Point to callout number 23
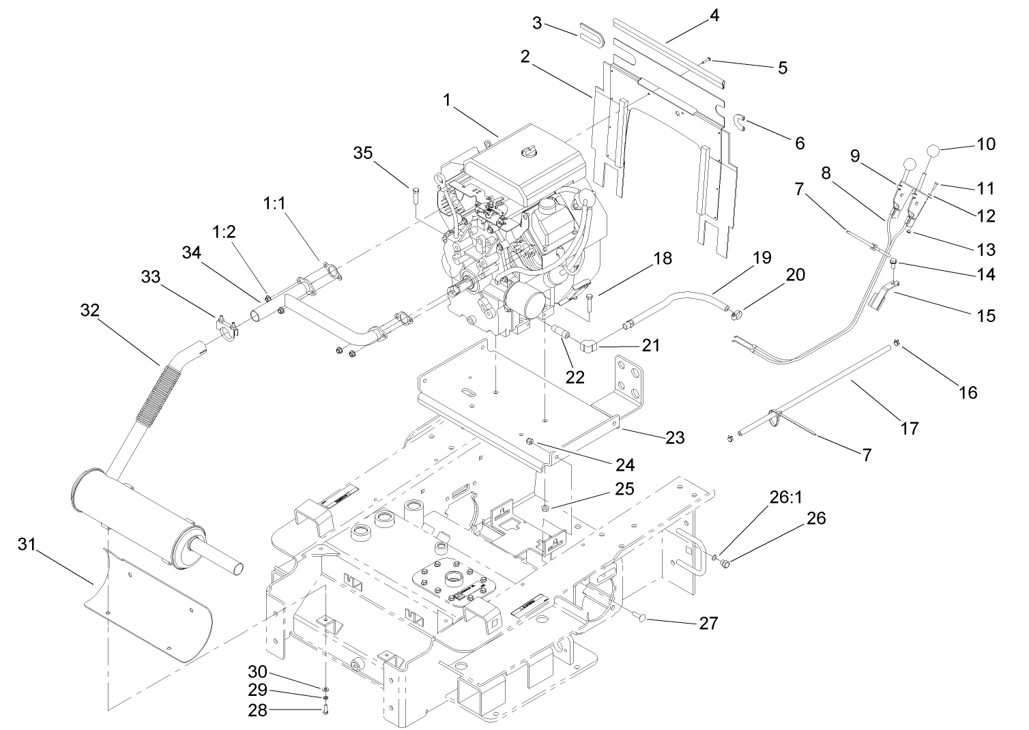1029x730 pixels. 674,437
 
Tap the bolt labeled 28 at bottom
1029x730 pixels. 325,711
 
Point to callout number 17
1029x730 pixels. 910,428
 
